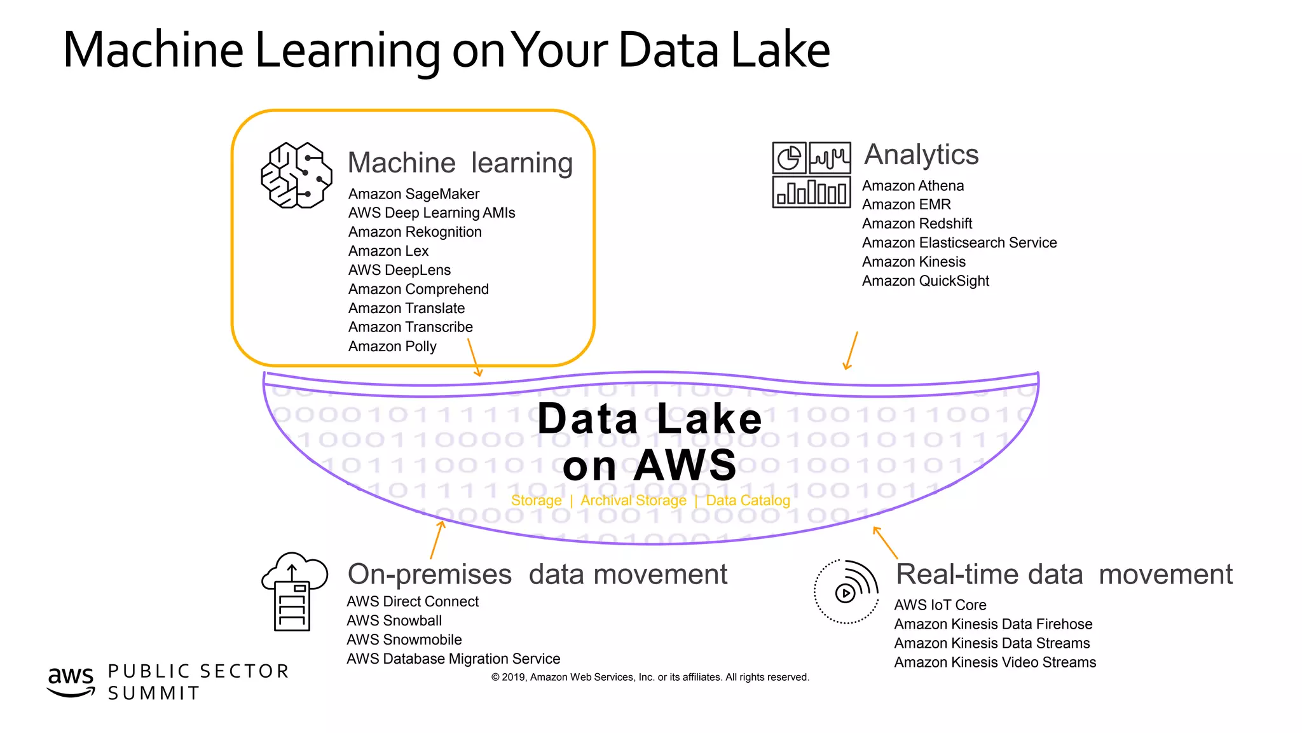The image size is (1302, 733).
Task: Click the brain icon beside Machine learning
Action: (x=296, y=176)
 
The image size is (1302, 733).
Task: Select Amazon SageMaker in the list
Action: (x=413, y=194)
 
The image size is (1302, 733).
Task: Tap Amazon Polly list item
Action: (x=392, y=347)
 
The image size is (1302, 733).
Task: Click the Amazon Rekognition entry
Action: (x=415, y=232)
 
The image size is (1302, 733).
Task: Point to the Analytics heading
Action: (x=921, y=155)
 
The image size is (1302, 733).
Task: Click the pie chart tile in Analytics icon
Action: (x=789, y=158)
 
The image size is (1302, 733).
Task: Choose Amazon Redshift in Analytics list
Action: (x=917, y=224)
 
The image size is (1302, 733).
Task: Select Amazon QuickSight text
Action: (x=925, y=281)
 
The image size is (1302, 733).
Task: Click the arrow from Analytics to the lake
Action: (x=851, y=351)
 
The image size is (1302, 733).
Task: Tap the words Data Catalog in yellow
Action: (x=748, y=501)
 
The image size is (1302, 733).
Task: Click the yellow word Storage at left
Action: (x=536, y=501)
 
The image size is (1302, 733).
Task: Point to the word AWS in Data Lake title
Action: (x=685, y=466)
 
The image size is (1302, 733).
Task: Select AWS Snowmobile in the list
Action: (x=404, y=640)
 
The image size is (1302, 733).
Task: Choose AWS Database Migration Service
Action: (x=453, y=659)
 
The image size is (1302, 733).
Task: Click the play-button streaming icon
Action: (x=846, y=592)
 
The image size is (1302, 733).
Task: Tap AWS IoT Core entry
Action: (x=940, y=605)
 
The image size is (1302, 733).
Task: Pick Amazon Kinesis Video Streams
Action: (x=994, y=662)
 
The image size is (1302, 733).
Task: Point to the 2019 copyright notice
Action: (x=650, y=678)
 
